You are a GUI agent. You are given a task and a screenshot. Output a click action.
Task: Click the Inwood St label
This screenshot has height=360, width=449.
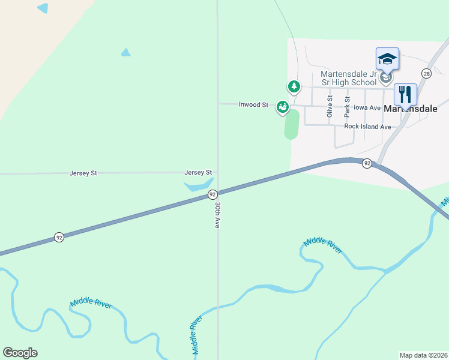click(x=253, y=104)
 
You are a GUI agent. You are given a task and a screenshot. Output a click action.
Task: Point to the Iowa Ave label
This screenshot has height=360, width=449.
click(x=367, y=108)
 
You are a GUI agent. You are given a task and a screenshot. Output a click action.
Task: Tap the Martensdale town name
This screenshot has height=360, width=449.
click(x=410, y=109)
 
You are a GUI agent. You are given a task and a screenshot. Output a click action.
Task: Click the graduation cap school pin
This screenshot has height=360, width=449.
click(x=387, y=59)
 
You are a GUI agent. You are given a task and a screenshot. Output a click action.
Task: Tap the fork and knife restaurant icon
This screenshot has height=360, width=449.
click(x=405, y=94)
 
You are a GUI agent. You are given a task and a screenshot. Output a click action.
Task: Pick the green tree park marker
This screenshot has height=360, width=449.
click(x=294, y=87)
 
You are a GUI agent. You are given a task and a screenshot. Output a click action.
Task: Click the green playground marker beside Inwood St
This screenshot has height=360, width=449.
click(x=282, y=107)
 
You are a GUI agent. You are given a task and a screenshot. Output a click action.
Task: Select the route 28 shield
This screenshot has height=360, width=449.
click(x=426, y=73)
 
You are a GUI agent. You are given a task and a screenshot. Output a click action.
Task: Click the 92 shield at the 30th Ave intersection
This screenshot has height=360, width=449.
click(x=212, y=194)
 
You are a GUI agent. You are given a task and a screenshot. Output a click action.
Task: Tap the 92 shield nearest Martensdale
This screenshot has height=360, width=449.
click(x=367, y=163)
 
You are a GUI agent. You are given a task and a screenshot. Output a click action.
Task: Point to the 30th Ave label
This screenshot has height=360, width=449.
click(x=218, y=215)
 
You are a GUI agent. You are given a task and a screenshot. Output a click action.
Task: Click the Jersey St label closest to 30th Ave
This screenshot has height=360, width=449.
click(x=198, y=173)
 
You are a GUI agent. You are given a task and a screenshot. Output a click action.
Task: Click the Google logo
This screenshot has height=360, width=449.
click(x=20, y=353)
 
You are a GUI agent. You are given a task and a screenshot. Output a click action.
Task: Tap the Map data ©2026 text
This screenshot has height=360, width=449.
click(x=424, y=355)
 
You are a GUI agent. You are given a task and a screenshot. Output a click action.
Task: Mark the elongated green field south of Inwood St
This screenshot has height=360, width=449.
click(x=292, y=124)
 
